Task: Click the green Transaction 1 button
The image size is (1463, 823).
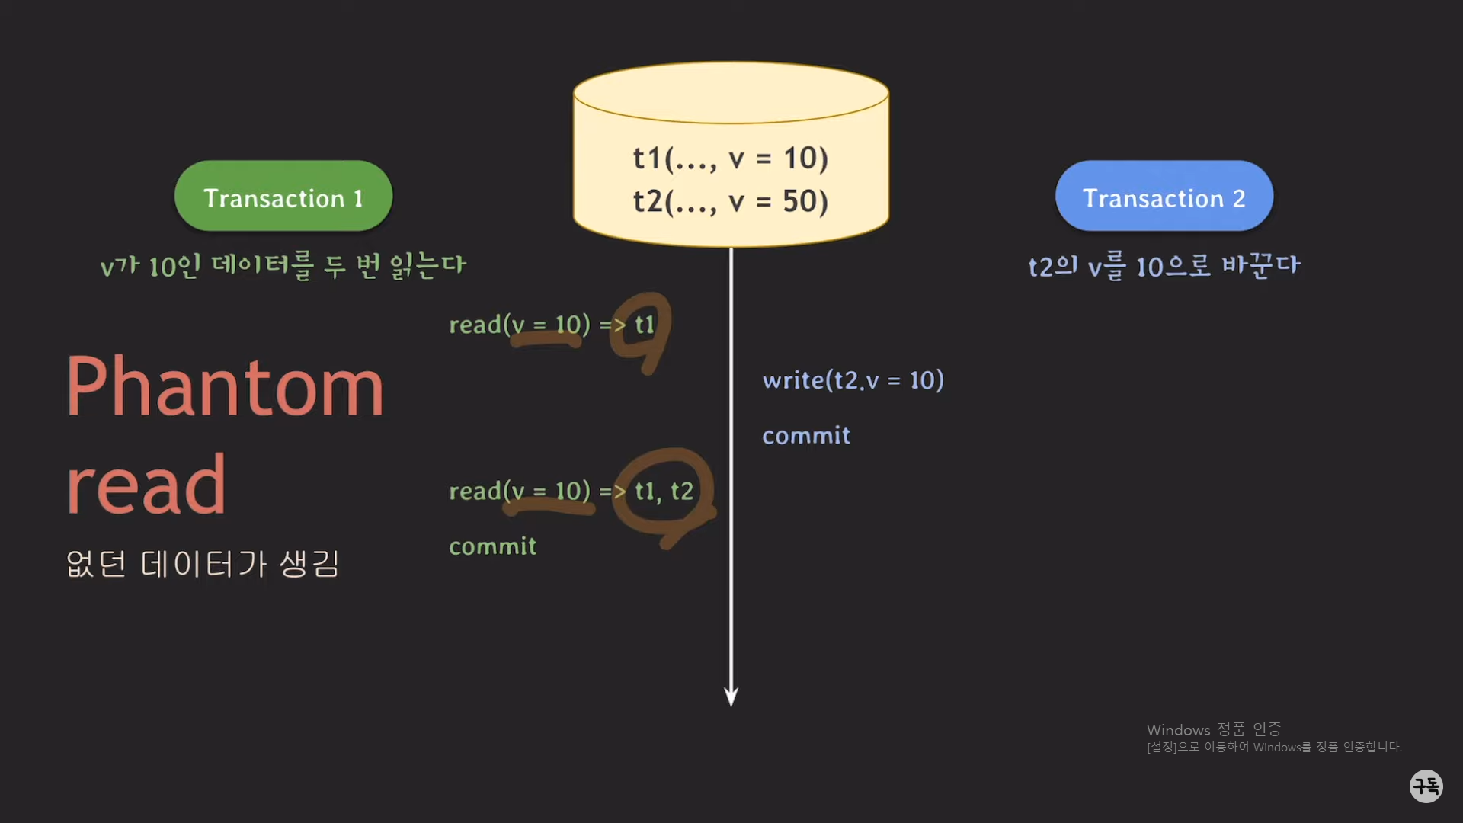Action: pyautogui.click(x=283, y=197)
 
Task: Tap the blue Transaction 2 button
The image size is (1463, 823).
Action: pyautogui.click(x=1164, y=197)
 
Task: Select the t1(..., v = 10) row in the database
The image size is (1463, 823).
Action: pyautogui.click(x=730, y=158)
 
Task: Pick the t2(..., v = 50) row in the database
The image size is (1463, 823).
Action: pyautogui.click(x=730, y=201)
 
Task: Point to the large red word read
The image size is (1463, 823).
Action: pyautogui.click(x=146, y=485)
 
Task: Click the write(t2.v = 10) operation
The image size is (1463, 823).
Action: pyautogui.click(x=853, y=379)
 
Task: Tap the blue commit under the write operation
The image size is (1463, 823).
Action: pyautogui.click(x=806, y=435)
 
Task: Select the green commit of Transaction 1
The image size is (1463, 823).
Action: pyautogui.click(x=492, y=546)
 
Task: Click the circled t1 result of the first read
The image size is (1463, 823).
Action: pyautogui.click(x=645, y=325)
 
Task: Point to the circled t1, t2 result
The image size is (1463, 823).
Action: pyautogui.click(x=664, y=492)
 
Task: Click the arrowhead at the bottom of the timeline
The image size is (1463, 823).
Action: pyautogui.click(x=731, y=696)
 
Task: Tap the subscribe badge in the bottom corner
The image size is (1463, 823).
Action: pyautogui.click(x=1426, y=786)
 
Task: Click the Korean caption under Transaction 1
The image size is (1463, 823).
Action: pyautogui.click(x=283, y=266)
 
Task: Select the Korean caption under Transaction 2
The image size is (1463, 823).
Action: pyautogui.click(x=1164, y=266)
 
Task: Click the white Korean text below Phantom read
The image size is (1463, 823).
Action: pyautogui.click(x=202, y=564)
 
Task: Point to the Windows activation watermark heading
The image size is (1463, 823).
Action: pyautogui.click(x=1214, y=729)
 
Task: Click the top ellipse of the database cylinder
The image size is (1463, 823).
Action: pyautogui.click(x=731, y=92)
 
